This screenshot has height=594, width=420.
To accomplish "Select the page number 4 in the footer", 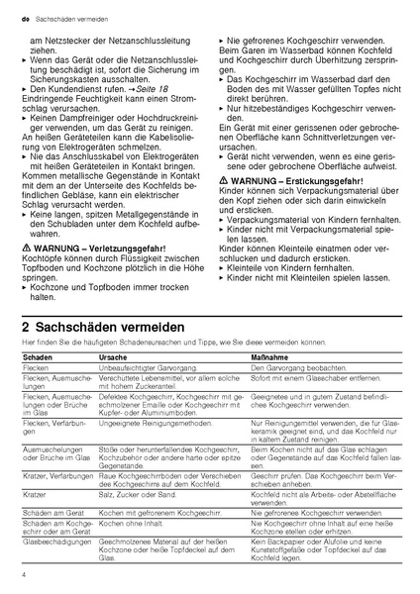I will [x=22, y=573].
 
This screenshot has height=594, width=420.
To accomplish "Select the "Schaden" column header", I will [x=36, y=354].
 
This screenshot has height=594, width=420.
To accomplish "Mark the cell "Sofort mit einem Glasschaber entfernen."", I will [x=308, y=377].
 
